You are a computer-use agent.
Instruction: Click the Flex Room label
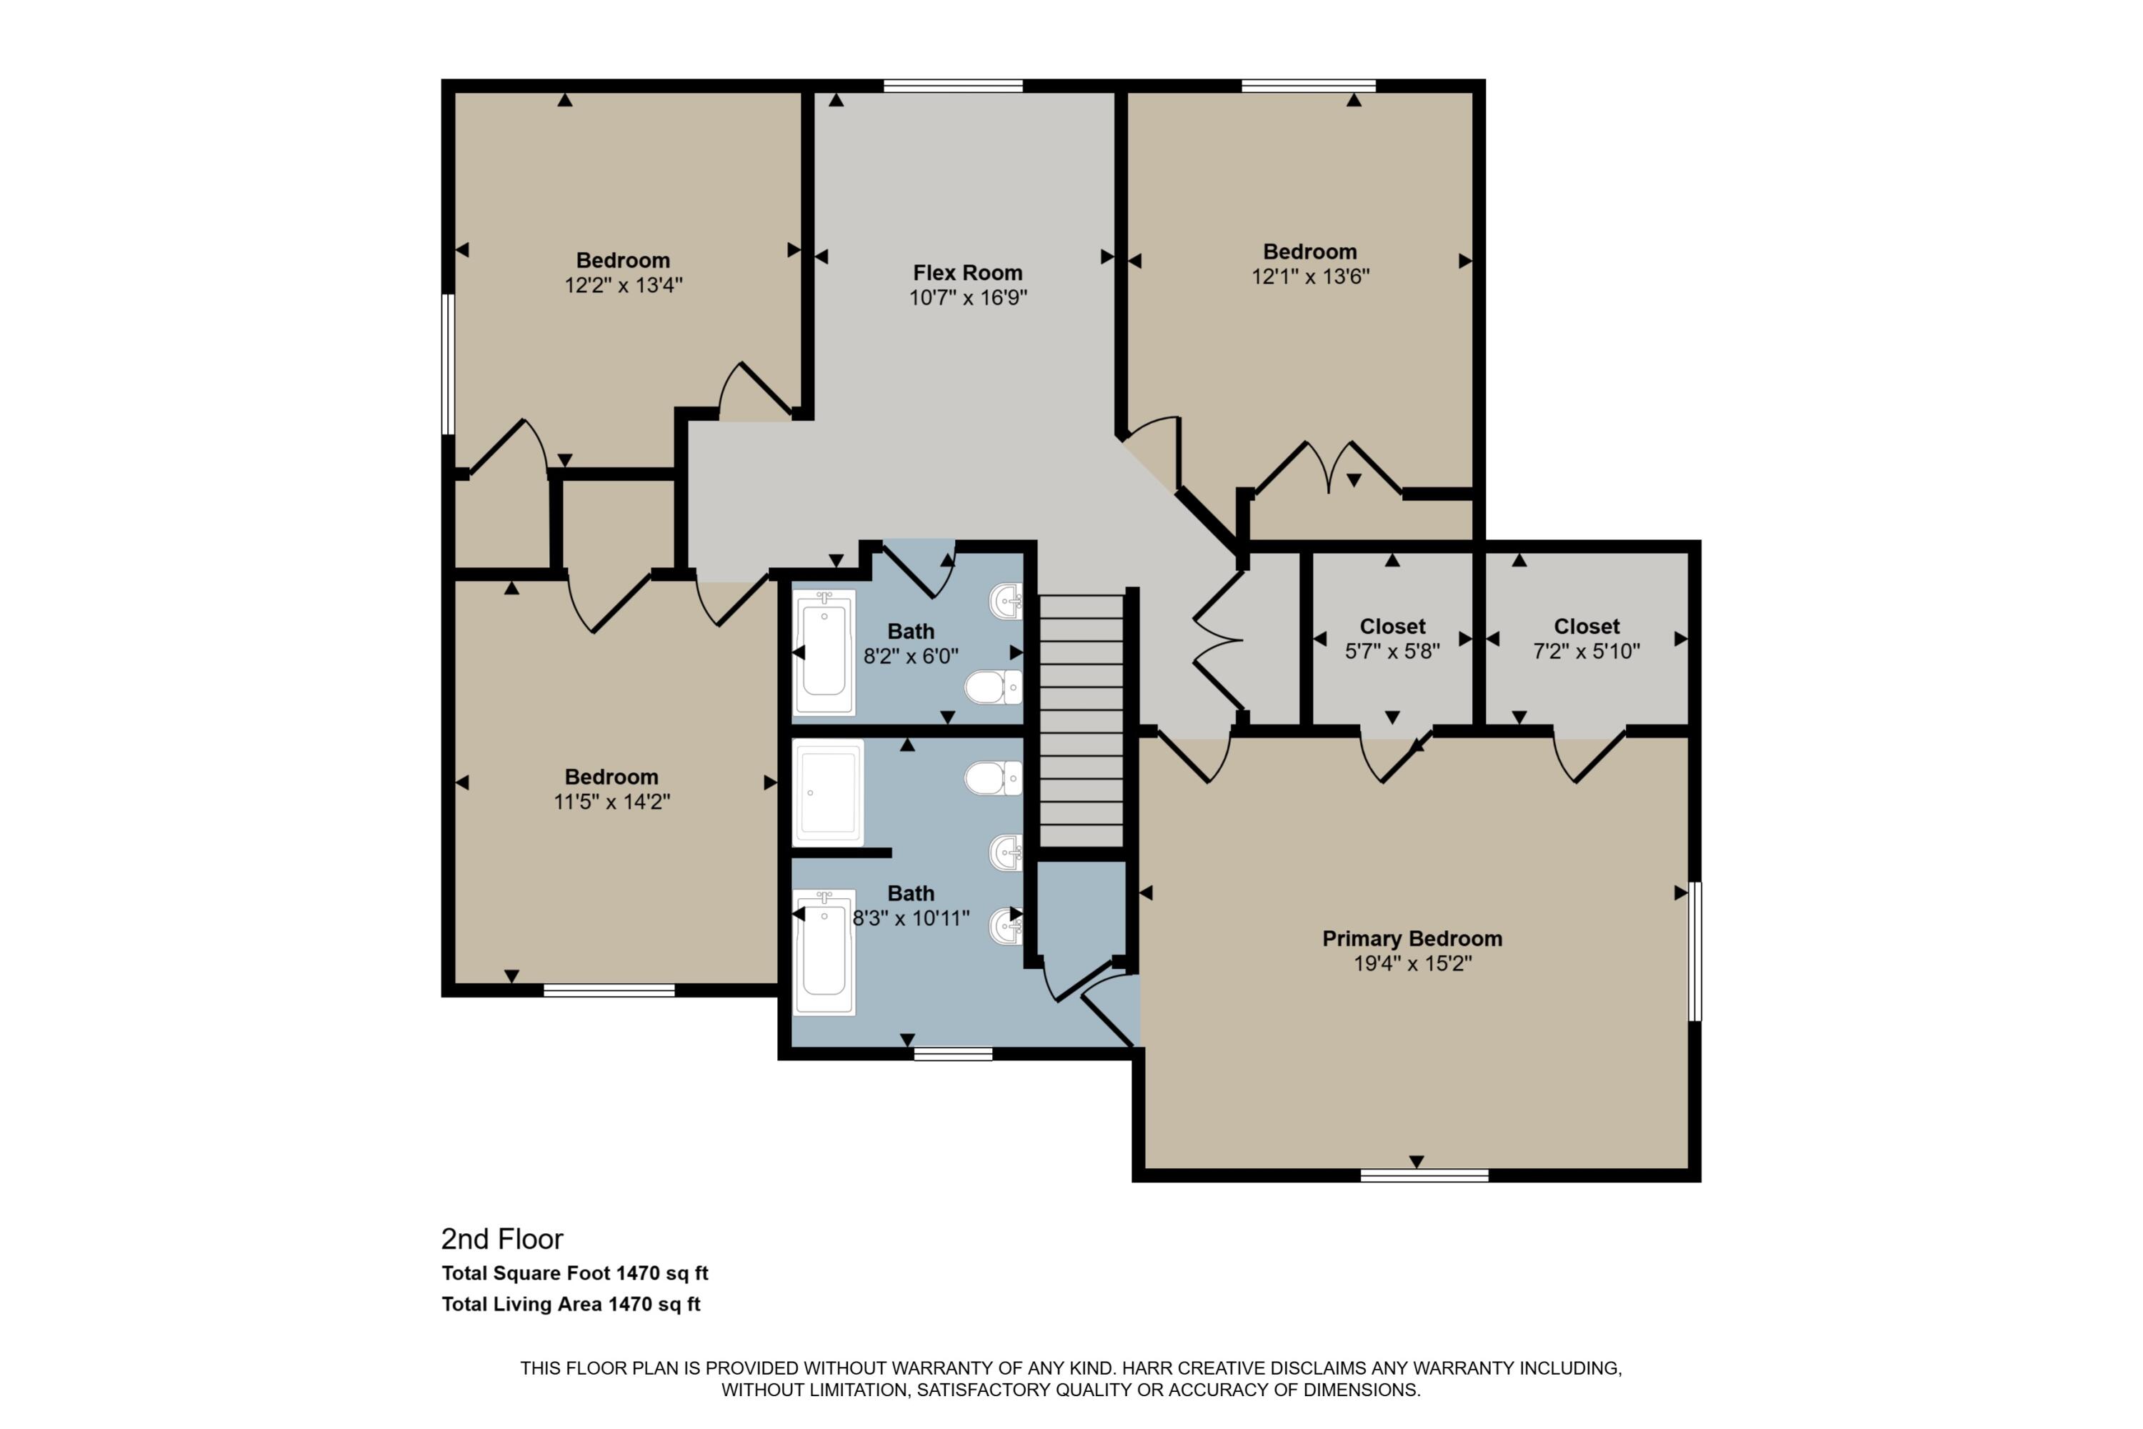coord(968,272)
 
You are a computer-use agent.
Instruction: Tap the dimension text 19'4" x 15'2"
coord(1412,963)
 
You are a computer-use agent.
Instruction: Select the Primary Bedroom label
coord(1412,939)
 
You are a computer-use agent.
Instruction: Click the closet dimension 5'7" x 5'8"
coord(1392,652)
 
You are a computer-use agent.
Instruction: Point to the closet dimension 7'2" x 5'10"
coord(1587,652)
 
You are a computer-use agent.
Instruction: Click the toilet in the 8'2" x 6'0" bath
coord(992,687)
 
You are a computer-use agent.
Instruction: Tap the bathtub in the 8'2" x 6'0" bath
coord(824,652)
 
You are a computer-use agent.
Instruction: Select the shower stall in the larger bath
coord(827,792)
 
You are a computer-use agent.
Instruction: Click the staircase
coord(1082,720)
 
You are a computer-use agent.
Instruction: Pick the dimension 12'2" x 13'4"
coord(623,285)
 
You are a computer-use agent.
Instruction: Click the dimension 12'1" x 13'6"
coord(1310,276)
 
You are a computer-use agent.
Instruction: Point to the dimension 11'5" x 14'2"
coord(611,802)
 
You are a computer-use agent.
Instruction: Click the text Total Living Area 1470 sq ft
coord(571,1304)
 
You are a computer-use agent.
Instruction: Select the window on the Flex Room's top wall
coord(953,86)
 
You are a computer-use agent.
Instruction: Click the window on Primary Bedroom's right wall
coord(1694,950)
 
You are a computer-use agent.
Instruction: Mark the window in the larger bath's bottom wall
coord(953,1053)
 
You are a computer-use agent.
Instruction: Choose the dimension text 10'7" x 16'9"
coord(968,297)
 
